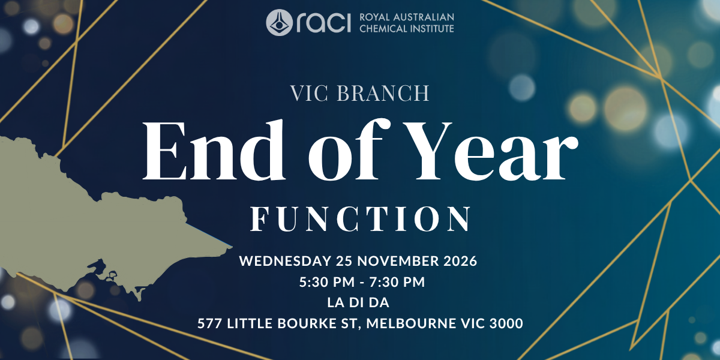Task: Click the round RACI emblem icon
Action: pos(280,23)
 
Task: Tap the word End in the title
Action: pos(214,150)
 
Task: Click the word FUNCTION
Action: pos(361,219)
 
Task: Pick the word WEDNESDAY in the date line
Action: pos(285,260)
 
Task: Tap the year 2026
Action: pos(460,260)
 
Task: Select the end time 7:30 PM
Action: pos(397,282)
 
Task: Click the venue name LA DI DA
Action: pos(358,302)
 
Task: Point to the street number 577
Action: pos(209,323)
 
